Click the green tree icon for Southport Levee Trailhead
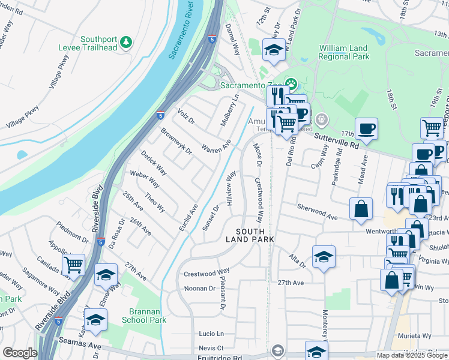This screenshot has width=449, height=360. [125, 41]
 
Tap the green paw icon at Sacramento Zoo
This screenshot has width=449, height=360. [291, 84]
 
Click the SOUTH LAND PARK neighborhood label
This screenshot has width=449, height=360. [250, 235]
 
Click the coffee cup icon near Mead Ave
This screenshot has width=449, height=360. [366, 128]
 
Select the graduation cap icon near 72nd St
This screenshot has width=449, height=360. [274, 50]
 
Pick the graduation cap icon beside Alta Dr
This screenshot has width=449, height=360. [324, 257]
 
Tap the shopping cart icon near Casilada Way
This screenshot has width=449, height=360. [73, 265]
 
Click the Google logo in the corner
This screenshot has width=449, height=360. [20, 353]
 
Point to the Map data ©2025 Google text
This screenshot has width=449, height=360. [412, 355]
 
